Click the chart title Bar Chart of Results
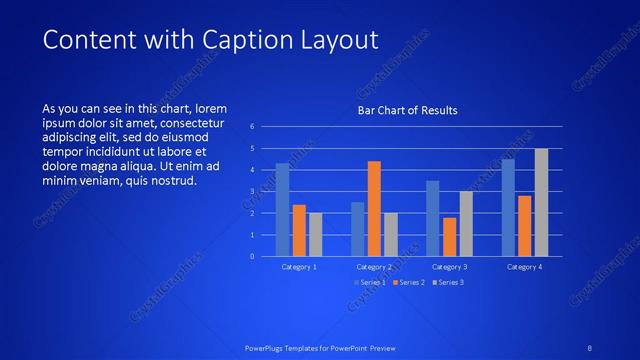tap(408, 110)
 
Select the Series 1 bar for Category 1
tap(283, 209)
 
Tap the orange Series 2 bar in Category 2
tap(374, 208)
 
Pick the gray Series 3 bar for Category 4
tap(541, 202)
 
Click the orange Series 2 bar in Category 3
tap(449, 236)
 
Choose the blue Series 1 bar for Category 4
tap(508, 207)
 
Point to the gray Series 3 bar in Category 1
tap(316, 234)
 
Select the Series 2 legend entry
tap(408, 282)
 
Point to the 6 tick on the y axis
tap(253, 127)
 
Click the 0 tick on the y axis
tap(253, 256)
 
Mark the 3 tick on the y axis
tap(253, 191)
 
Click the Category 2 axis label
tap(374, 267)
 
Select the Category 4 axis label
tap(524, 267)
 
